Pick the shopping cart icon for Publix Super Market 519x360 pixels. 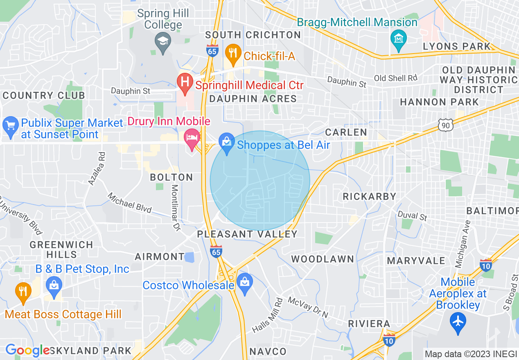pyautogui.click(x=10, y=125)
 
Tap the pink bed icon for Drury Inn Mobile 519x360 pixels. pyautogui.click(x=191, y=137)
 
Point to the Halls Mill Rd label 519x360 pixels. pyautogui.click(x=267, y=315)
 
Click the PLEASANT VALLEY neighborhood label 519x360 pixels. pyautogui.click(x=247, y=234)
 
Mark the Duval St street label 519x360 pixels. pyautogui.click(x=412, y=215)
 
